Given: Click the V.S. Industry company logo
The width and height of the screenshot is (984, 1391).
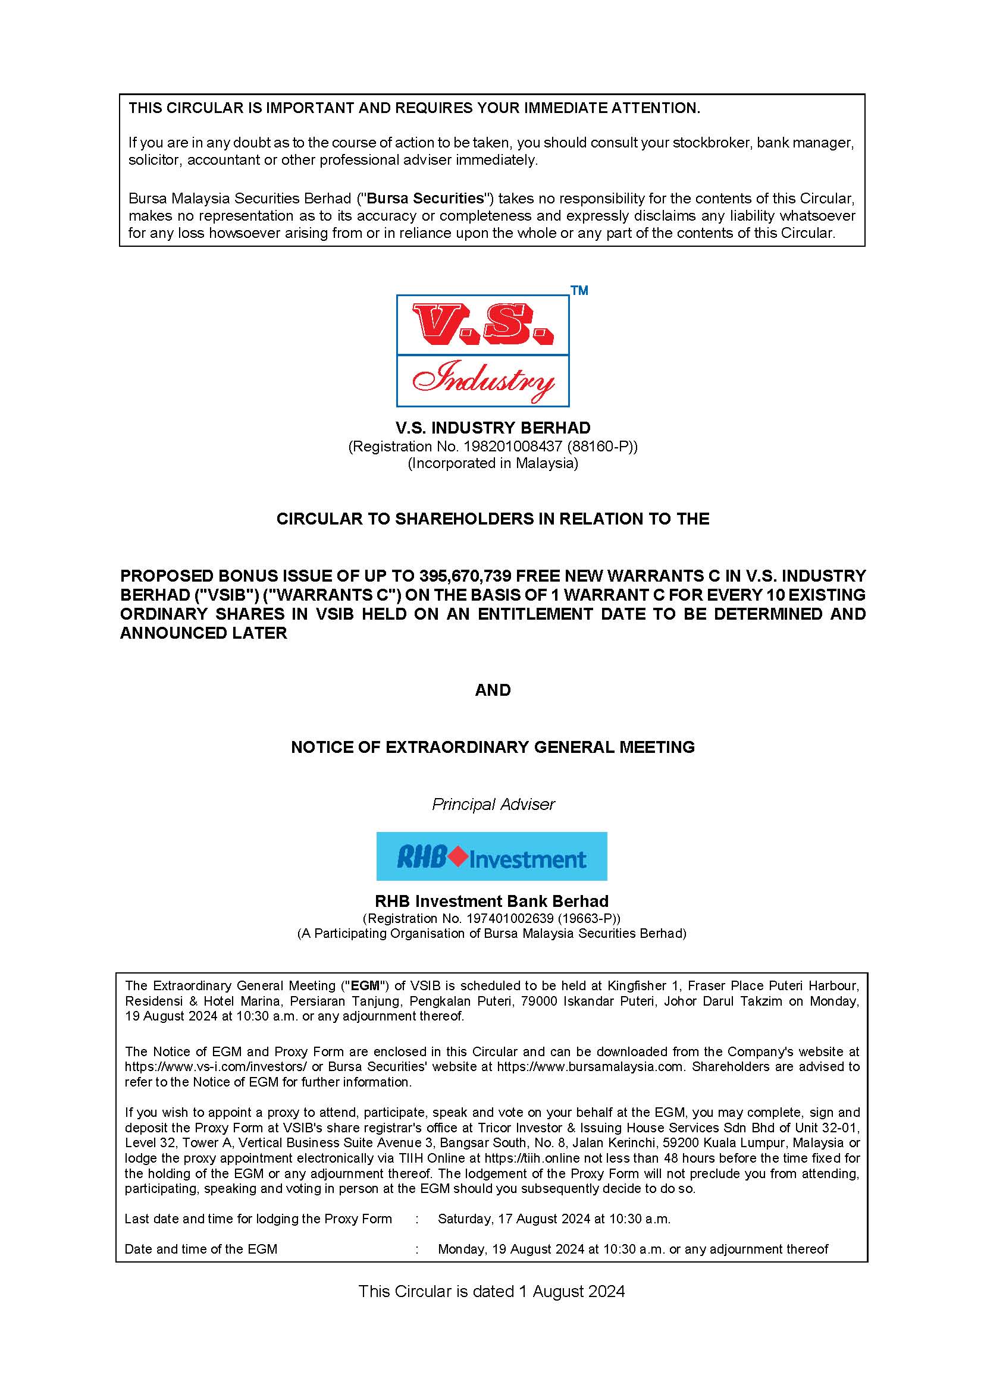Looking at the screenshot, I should click(482, 350).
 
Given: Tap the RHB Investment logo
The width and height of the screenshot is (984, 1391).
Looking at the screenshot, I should click(491, 856).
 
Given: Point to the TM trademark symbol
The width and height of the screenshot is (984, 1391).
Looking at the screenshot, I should click(579, 291).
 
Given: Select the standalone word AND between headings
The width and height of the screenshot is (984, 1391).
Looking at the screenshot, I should click(493, 690).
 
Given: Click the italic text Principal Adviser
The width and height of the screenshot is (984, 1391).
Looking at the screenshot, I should click(493, 804).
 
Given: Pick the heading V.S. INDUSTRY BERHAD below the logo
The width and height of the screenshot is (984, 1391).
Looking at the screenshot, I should click(493, 428).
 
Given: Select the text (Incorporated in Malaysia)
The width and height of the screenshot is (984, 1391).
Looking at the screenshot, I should click(493, 463).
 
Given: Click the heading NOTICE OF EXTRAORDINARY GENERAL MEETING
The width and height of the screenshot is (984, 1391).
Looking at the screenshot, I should click(493, 747).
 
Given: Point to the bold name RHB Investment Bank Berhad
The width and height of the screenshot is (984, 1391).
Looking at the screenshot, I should click(491, 902).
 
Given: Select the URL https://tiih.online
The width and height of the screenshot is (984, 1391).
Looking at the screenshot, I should click(533, 1158).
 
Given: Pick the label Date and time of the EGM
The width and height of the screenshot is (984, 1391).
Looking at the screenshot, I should click(200, 1249).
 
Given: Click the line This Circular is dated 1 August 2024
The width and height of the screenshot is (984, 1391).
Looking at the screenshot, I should click(491, 1291).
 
